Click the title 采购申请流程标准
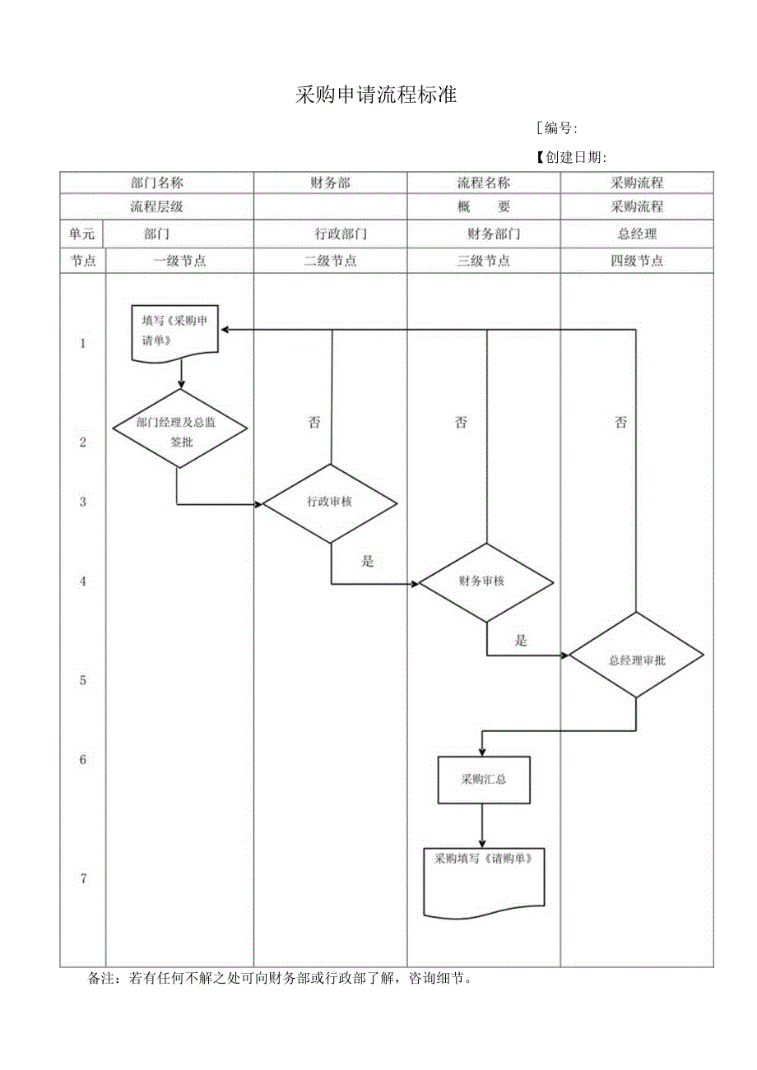(376, 95)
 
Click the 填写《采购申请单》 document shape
(175, 332)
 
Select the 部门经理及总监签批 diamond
(180, 428)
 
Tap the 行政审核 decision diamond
(330, 502)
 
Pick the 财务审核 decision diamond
(485, 581)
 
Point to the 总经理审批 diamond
(636, 659)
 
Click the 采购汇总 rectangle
(483, 779)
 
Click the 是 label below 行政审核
(368, 562)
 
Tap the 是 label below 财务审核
(521, 641)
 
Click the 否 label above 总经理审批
(620, 423)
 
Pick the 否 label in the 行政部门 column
(314, 423)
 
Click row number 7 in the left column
(83, 878)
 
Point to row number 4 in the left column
(83, 581)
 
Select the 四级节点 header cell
(637, 261)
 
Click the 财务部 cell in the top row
(330, 183)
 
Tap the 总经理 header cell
(637, 234)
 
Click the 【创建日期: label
(570, 158)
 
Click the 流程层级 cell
(156, 207)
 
